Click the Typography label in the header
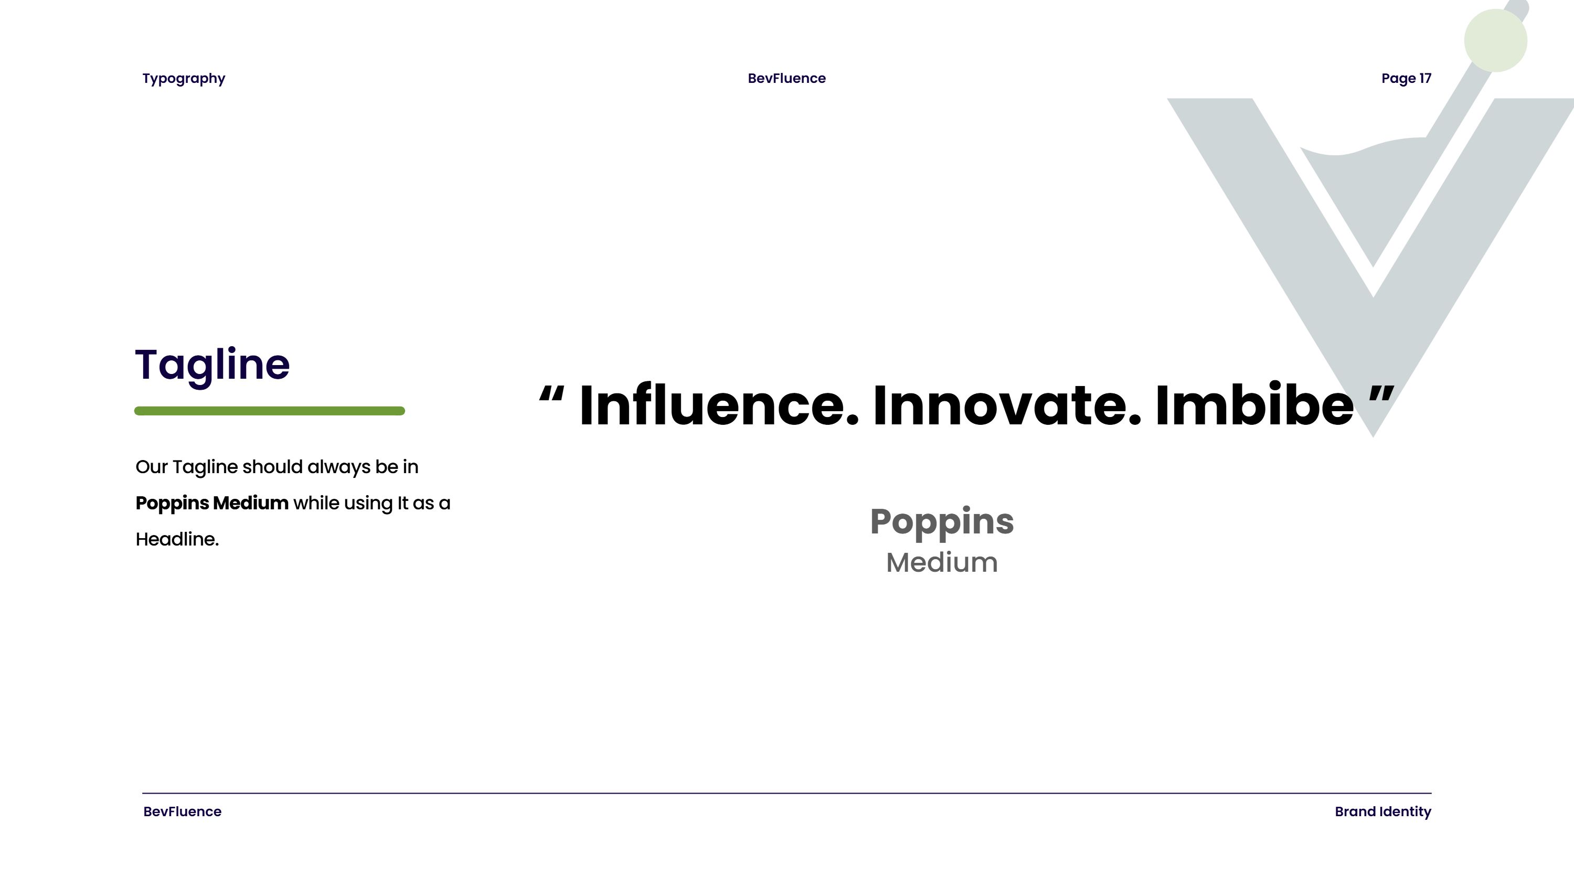(184, 79)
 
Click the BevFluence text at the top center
(786, 78)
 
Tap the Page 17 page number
(1406, 79)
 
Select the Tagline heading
(212, 365)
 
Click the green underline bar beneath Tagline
(270, 411)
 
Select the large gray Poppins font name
(942, 522)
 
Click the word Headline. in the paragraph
(177, 539)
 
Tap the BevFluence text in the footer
(182, 812)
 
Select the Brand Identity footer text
(1382, 812)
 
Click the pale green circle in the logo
(1495, 40)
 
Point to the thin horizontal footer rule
(787, 794)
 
